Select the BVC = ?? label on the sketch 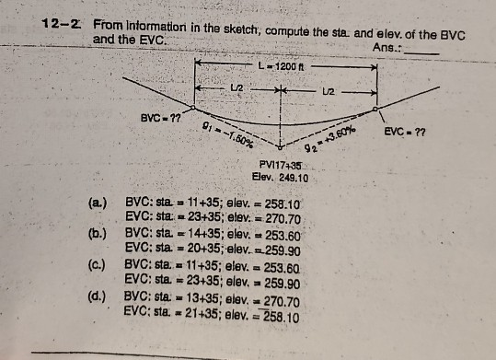coord(159,120)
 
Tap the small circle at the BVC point coord(191,108)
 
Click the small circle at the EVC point coord(375,109)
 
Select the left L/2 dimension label coord(236,88)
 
